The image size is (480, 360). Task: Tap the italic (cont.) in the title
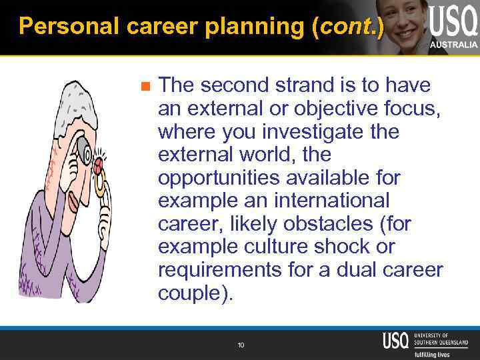[x=351, y=26]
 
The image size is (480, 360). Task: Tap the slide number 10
[x=241, y=345]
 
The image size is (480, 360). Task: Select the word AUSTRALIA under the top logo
[x=453, y=44]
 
